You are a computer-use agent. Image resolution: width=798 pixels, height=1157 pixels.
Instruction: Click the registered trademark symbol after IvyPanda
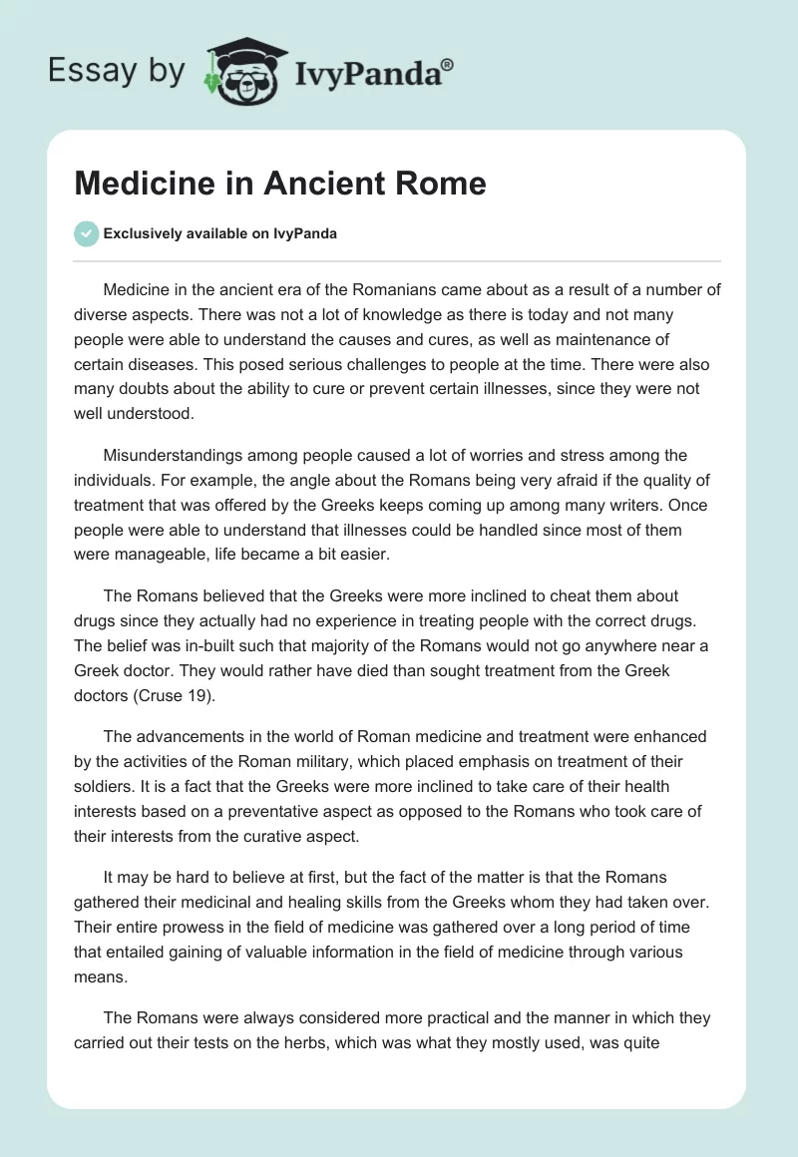448,64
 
